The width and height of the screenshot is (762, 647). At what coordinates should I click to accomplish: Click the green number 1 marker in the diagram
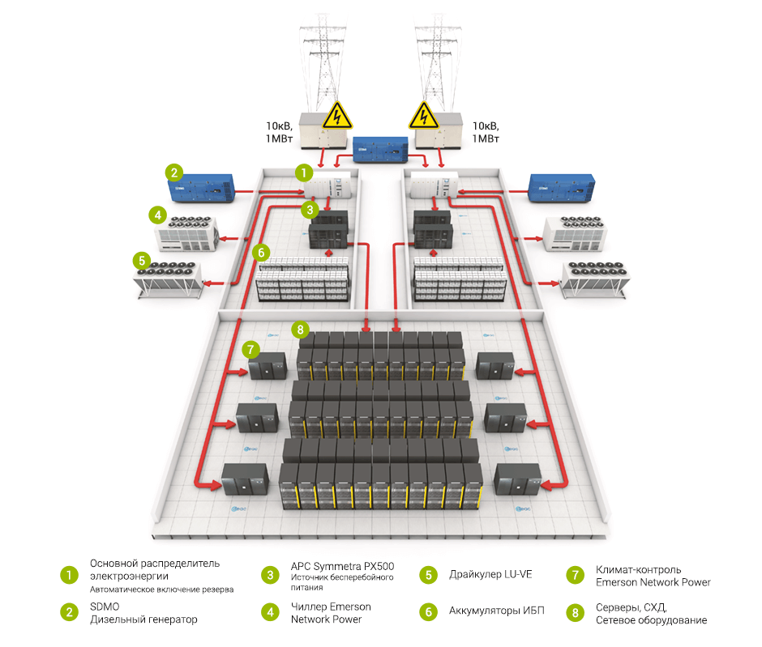[x=302, y=172]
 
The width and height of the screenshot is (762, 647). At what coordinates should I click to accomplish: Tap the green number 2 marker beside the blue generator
[x=173, y=172]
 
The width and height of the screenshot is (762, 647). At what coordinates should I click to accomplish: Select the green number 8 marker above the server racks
[x=301, y=330]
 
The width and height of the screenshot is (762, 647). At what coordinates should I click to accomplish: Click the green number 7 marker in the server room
[x=250, y=350]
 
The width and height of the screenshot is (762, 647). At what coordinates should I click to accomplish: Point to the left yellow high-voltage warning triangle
[x=336, y=117]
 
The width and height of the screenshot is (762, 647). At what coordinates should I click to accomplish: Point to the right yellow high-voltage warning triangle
[x=422, y=117]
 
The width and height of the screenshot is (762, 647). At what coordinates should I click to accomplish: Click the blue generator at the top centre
[x=379, y=150]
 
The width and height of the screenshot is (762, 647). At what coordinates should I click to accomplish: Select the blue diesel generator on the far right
[x=561, y=188]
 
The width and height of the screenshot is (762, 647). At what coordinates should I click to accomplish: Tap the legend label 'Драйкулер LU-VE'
[x=490, y=575]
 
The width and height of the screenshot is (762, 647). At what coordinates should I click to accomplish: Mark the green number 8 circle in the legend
[x=576, y=613]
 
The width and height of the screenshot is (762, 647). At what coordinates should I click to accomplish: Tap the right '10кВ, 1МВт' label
[x=485, y=132]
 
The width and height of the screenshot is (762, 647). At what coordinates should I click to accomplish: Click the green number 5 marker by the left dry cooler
[x=142, y=261]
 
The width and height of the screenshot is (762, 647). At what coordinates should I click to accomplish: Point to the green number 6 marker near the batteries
[x=260, y=253]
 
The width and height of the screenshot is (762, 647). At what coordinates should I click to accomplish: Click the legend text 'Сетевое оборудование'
[x=651, y=620]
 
